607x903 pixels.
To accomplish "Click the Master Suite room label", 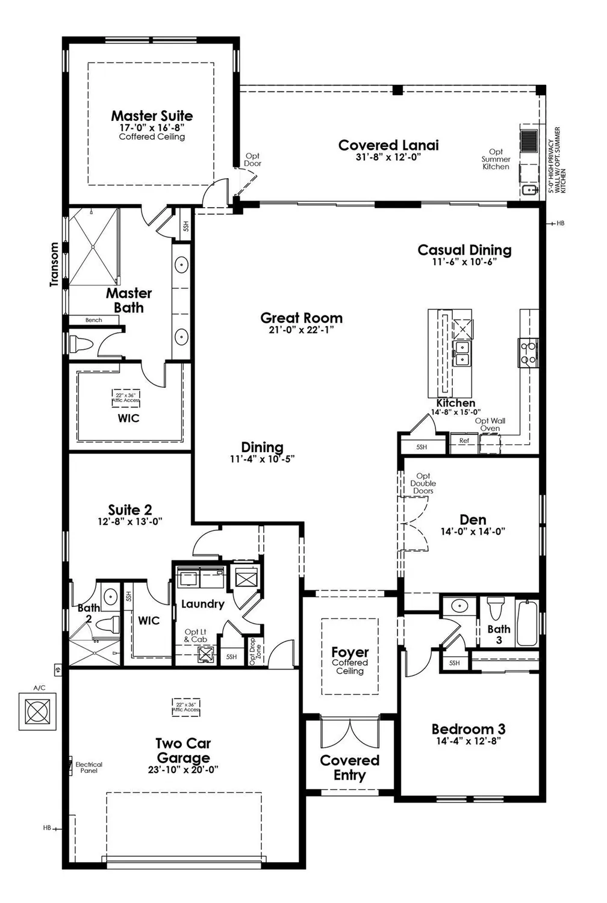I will [x=152, y=116].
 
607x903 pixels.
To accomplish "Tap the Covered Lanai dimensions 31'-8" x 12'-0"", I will [x=388, y=157].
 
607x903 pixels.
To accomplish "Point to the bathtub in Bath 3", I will [x=527, y=623].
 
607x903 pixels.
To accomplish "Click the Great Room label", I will [x=301, y=318].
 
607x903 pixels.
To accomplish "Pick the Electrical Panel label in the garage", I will [x=89, y=767].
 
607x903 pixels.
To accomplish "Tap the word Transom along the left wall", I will [x=55, y=264].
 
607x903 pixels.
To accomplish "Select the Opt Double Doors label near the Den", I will [x=423, y=483].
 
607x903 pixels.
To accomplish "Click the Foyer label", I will [x=350, y=653].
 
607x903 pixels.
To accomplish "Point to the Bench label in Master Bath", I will [x=93, y=320].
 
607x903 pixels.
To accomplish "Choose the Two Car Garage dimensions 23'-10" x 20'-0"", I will [x=183, y=770].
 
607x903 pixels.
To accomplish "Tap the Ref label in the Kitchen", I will [x=464, y=441].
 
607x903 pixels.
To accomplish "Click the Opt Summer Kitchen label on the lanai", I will [x=496, y=160].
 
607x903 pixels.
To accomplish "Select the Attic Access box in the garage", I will [x=186, y=707].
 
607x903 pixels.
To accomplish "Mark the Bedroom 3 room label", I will [x=468, y=730].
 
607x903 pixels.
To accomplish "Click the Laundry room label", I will [x=202, y=604].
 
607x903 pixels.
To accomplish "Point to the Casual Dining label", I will [x=464, y=250].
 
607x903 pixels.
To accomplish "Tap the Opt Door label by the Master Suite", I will [x=252, y=160].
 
